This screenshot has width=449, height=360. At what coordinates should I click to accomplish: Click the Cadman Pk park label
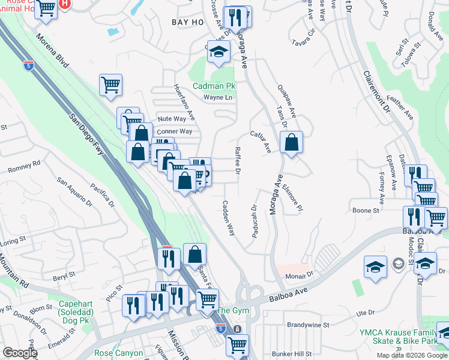pyautogui.click(x=214, y=86)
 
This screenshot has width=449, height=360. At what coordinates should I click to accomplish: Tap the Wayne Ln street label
pyautogui.click(x=217, y=97)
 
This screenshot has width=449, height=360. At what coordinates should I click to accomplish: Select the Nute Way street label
pyautogui.click(x=172, y=119)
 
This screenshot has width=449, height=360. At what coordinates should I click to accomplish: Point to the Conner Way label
pyautogui.click(x=175, y=131)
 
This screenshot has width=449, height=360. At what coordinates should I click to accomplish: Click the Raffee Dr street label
pyautogui.click(x=238, y=161)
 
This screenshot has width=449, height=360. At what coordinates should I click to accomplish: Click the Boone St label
pyautogui.click(x=366, y=211)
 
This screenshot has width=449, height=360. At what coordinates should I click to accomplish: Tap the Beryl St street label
pyautogui.click(x=62, y=275)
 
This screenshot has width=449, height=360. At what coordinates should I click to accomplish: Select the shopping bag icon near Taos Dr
pyautogui.click(x=291, y=143)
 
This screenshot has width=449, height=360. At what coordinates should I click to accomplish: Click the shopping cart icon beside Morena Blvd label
pyautogui.click(x=110, y=85)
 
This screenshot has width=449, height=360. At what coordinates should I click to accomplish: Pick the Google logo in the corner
pyautogui.click(x=20, y=353)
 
